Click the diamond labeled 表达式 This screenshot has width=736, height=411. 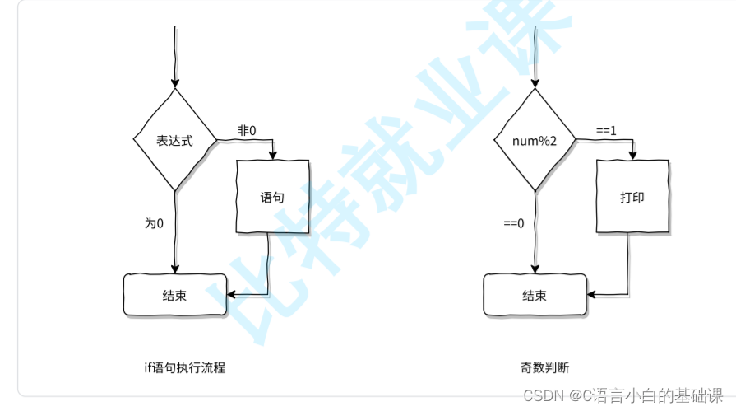[x=174, y=140]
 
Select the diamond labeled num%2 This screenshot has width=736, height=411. [x=535, y=141]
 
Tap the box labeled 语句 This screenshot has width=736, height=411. [x=272, y=198]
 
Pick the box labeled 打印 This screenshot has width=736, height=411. [x=632, y=198]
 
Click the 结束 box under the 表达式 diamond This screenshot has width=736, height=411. [x=174, y=295]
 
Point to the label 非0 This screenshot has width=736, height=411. [x=247, y=131]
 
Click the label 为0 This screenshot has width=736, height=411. [x=155, y=223]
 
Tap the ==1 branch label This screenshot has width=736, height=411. [x=607, y=131]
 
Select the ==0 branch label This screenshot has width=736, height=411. [x=514, y=223]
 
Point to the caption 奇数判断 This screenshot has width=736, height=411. [x=544, y=367]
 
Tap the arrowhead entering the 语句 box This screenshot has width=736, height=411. [x=273, y=155]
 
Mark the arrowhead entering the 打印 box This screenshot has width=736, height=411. [x=632, y=155]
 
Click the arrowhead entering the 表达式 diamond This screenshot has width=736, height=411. [x=174, y=83]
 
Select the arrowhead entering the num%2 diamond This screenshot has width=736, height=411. [x=535, y=83]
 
